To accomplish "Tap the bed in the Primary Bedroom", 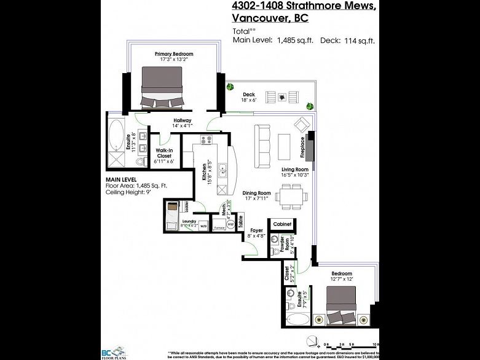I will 162,87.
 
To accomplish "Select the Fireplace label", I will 302,147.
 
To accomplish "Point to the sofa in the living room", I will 263,146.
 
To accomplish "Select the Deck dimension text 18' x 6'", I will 248,100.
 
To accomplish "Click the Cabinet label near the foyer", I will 281,224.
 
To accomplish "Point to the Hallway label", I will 183,120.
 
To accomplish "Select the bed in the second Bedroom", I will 340,303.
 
